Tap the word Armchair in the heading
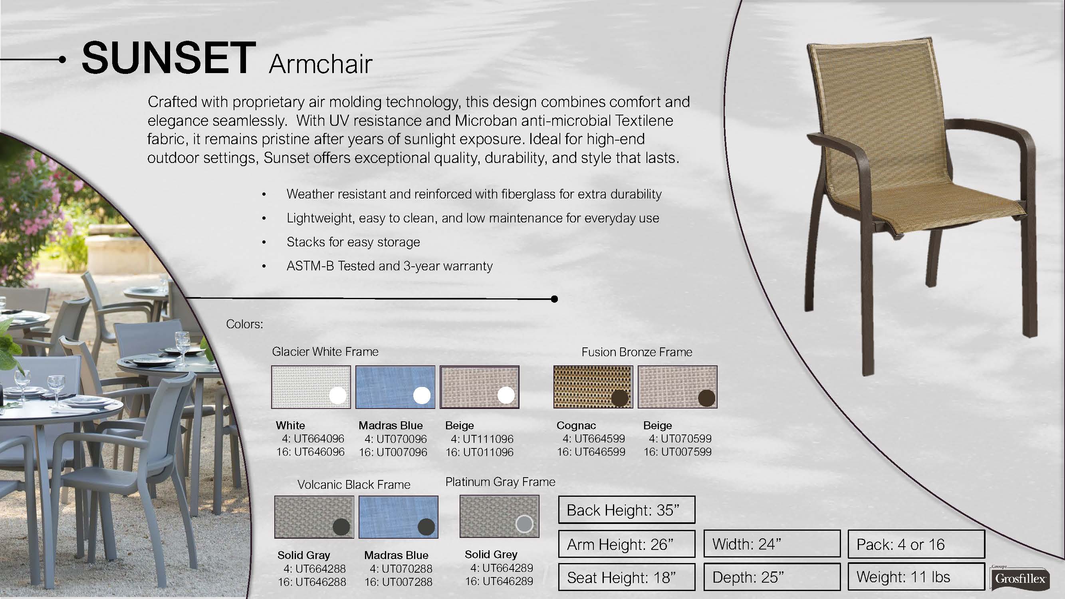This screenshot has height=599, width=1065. pyautogui.click(x=320, y=64)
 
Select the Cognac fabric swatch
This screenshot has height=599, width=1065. pyautogui.click(x=593, y=387)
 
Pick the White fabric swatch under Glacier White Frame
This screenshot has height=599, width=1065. pyautogui.click(x=311, y=387)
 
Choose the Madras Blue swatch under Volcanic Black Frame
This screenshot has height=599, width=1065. pyautogui.click(x=398, y=517)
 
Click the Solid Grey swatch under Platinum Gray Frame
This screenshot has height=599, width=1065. pyautogui.click(x=500, y=516)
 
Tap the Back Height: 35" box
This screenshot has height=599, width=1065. pyautogui.click(x=627, y=510)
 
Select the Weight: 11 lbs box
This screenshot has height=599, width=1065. pyautogui.click(x=916, y=576)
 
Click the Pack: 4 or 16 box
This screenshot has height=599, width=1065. pyautogui.click(x=916, y=544)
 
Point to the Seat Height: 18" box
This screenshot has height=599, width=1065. pyautogui.click(x=627, y=577)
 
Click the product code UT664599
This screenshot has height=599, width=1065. pyautogui.click(x=599, y=438)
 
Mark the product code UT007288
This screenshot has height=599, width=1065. pyautogui.click(x=407, y=582)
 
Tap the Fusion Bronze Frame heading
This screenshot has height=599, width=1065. pyautogui.click(x=637, y=352)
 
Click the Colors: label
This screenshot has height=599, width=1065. pyautogui.click(x=244, y=324)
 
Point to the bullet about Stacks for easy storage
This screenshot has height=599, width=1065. pyautogui.click(x=353, y=242)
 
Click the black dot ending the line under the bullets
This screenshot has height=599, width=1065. pyautogui.click(x=554, y=299)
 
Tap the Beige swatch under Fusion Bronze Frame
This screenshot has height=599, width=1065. pyautogui.click(x=677, y=387)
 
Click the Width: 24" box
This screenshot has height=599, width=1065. pyautogui.click(x=772, y=544)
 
